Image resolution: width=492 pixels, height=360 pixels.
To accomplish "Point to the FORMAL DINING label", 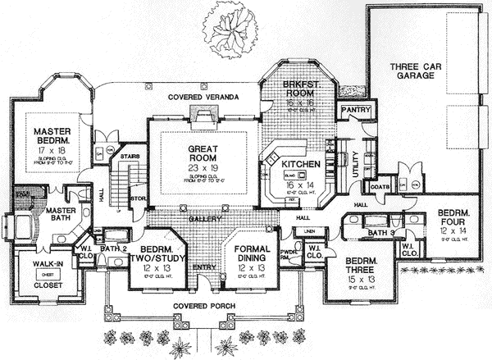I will pos(252,253).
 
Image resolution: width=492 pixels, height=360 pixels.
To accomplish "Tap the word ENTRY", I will pos(202,267).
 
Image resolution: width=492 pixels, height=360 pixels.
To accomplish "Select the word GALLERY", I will pos(201,221).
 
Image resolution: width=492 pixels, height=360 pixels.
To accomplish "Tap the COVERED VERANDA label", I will pos(203,98).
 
